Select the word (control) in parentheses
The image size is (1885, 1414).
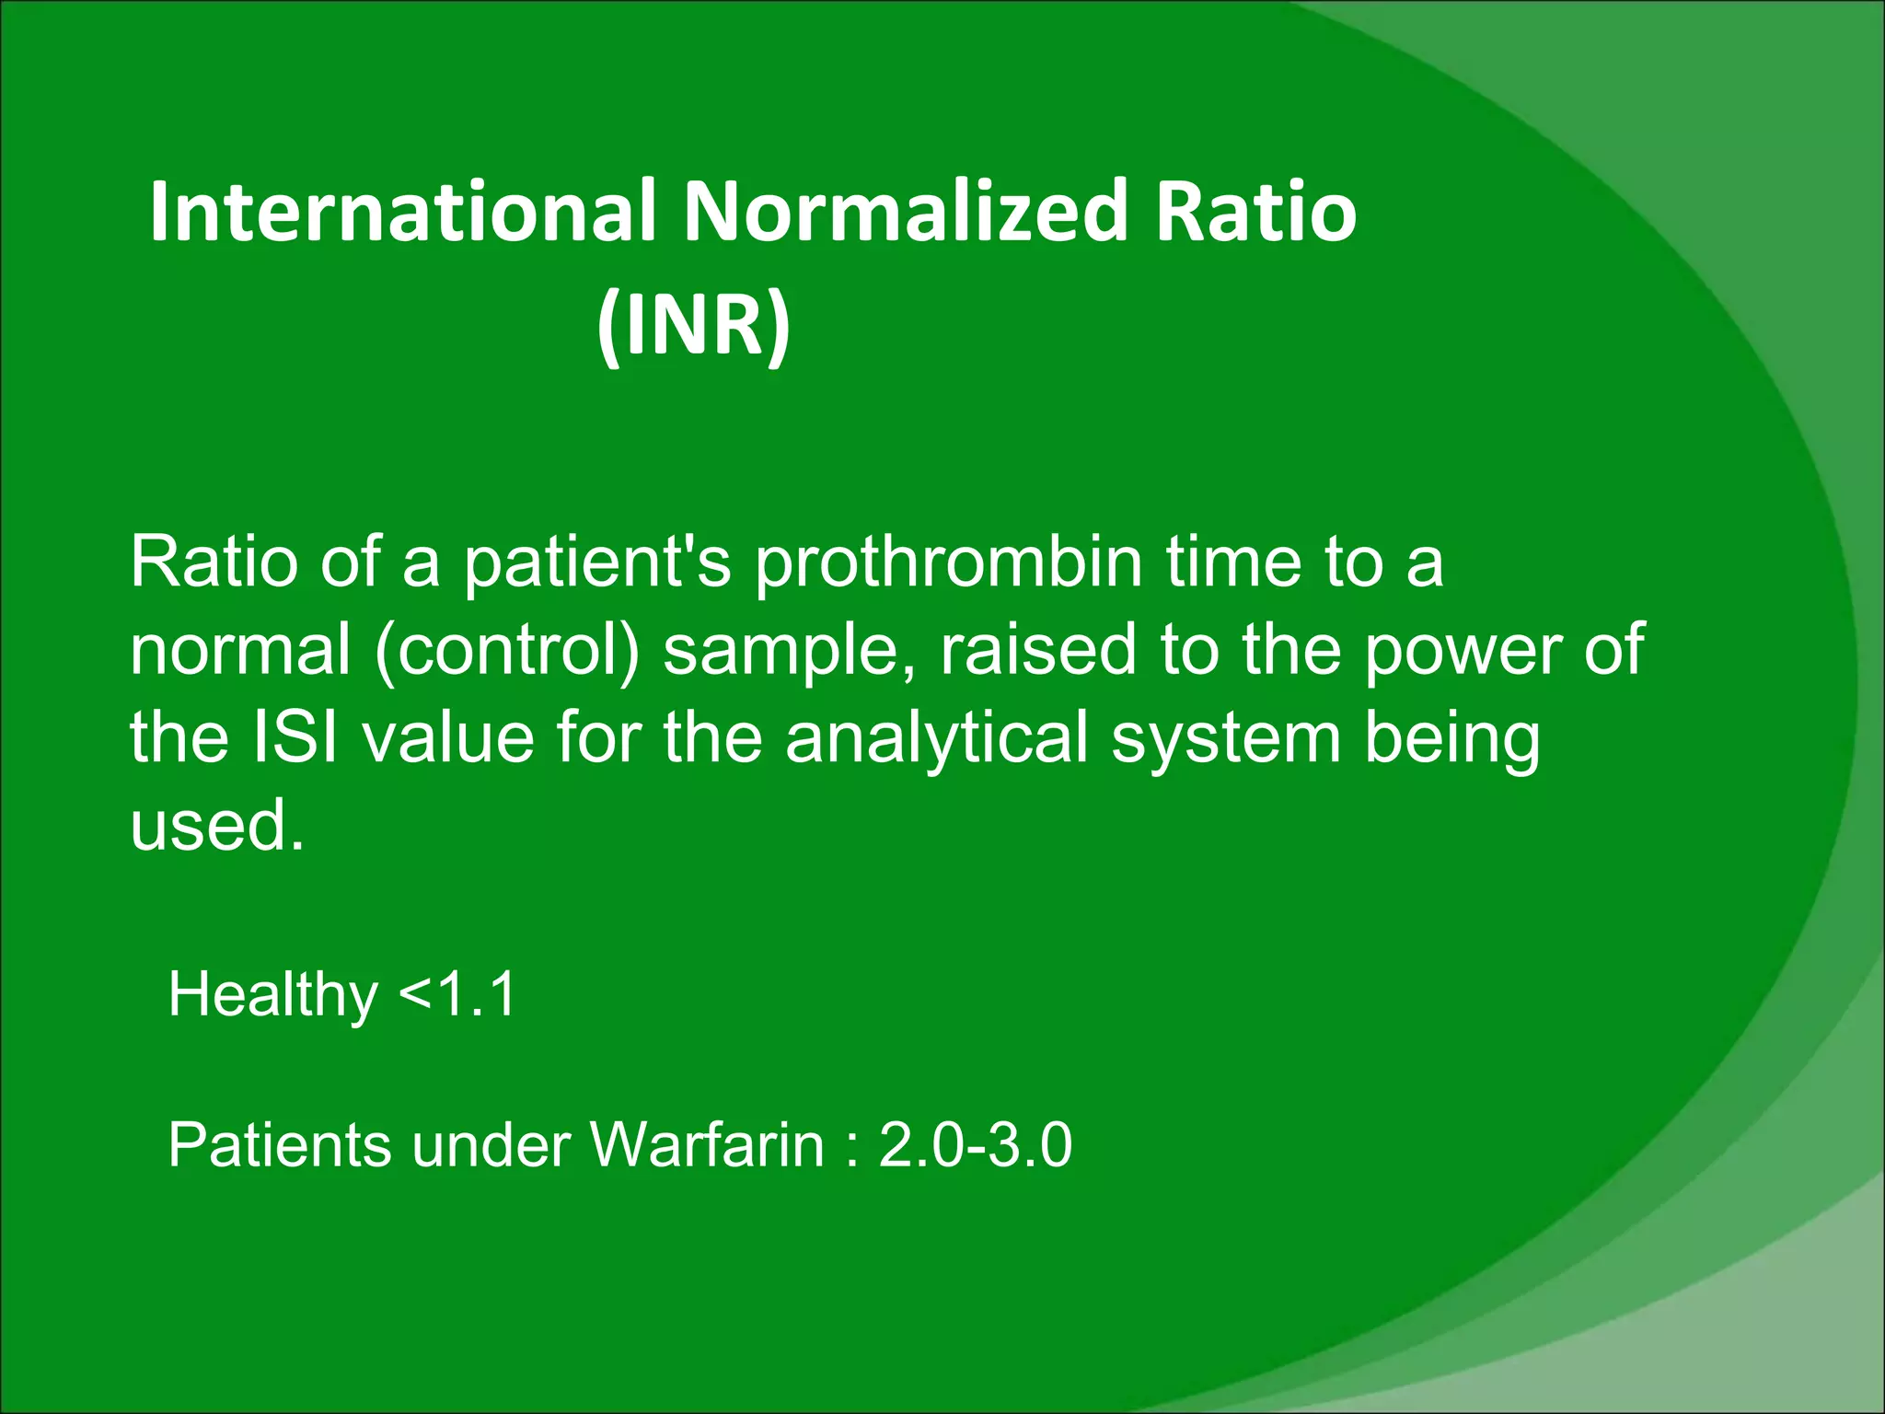pyautogui.click(x=507, y=650)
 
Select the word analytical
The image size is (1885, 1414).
pyautogui.click(x=937, y=739)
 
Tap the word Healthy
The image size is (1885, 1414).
pyautogui.click(x=272, y=995)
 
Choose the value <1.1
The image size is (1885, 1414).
pyautogui.click(x=457, y=995)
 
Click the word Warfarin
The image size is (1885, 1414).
pyautogui.click(x=707, y=1145)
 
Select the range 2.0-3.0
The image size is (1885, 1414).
pyautogui.click(x=975, y=1145)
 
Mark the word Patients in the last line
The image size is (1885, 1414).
pyautogui.click(x=278, y=1145)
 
